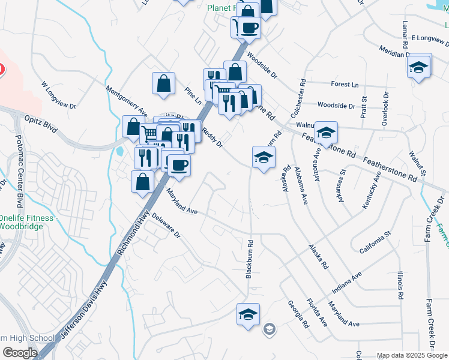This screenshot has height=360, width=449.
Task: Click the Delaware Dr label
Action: coord(166,225)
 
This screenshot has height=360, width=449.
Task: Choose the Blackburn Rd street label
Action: coord(250,259)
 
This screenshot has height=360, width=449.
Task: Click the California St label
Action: coord(375,241)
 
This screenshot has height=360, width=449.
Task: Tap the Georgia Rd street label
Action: coord(297,314)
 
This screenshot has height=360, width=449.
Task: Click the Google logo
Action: coord(20,353)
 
